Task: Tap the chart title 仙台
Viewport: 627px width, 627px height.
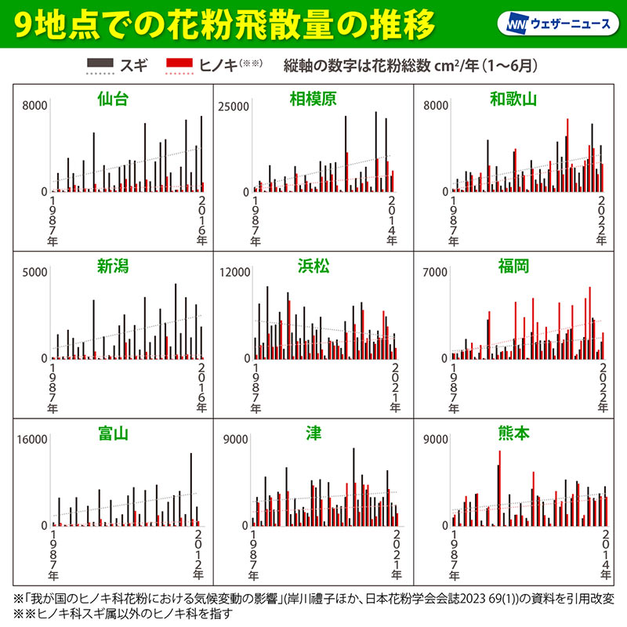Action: coord(113,100)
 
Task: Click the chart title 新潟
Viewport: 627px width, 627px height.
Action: coord(113,266)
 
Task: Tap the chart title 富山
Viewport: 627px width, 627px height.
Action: coord(113,433)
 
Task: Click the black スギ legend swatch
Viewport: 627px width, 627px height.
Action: coord(98,62)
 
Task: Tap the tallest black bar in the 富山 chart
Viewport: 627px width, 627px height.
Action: coord(190,489)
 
